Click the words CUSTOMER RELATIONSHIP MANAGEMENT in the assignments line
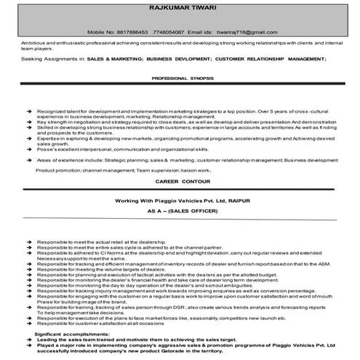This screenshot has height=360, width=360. point(271,57)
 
